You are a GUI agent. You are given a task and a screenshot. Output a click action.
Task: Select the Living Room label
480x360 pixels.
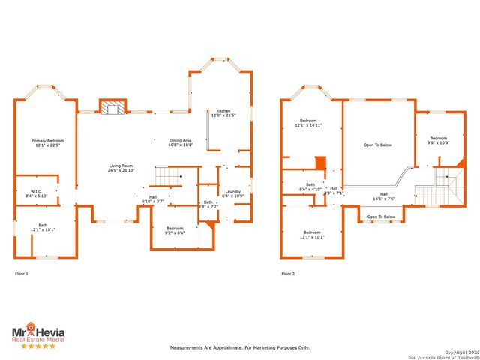[x=121, y=168]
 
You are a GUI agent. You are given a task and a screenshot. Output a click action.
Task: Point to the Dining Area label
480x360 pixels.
[x=181, y=142]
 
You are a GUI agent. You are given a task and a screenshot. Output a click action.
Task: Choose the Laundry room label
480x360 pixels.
[x=232, y=193]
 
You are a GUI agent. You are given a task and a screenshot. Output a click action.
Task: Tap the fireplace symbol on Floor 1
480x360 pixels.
[x=113, y=108]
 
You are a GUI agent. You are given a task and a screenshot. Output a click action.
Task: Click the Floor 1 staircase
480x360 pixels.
[x=169, y=177]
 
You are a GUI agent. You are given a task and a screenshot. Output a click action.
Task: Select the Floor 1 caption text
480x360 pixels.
[x=22, y=274]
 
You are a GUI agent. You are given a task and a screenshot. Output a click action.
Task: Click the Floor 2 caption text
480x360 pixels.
[x=288, y=274]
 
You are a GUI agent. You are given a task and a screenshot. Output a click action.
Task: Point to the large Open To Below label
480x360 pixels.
[x=377, y=145]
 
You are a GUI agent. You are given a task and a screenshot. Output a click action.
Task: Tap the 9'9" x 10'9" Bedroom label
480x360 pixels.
[x=438, y=140]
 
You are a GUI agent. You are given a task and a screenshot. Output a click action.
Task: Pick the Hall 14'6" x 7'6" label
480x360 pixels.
[x=383, y=196]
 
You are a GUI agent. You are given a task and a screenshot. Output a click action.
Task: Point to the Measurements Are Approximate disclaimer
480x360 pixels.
[x=239, y=347]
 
